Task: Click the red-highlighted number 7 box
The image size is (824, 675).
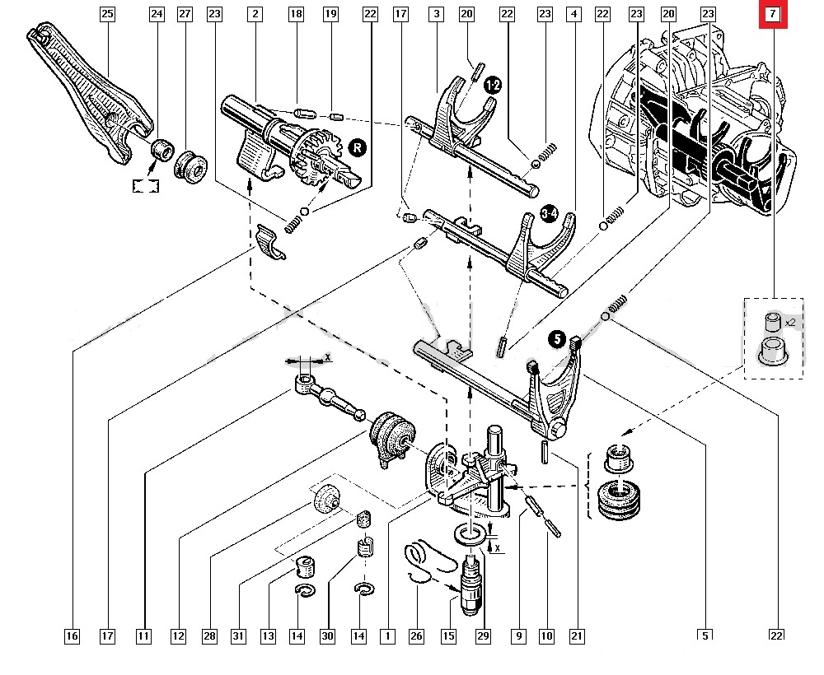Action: click(773, 14)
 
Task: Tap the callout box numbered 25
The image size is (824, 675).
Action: click(107, 14)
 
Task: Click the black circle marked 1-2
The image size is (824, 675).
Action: click(494, 86)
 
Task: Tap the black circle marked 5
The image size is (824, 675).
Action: click(558, 338)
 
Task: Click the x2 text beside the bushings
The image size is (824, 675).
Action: click(789, 323)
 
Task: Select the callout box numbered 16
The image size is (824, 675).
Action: click(72, 635)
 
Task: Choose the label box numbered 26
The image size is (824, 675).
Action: click(416, 635)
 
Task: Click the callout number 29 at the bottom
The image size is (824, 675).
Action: click(482, 635)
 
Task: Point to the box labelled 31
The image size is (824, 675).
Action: click(238, 635)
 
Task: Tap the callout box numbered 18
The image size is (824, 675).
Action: click(297, 14)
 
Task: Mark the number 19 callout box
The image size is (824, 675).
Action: click(330, 14)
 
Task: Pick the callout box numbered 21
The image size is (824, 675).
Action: click(577, 635)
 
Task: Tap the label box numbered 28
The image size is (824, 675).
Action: click(209, 635)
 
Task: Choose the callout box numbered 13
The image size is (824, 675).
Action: click(268, 635)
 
